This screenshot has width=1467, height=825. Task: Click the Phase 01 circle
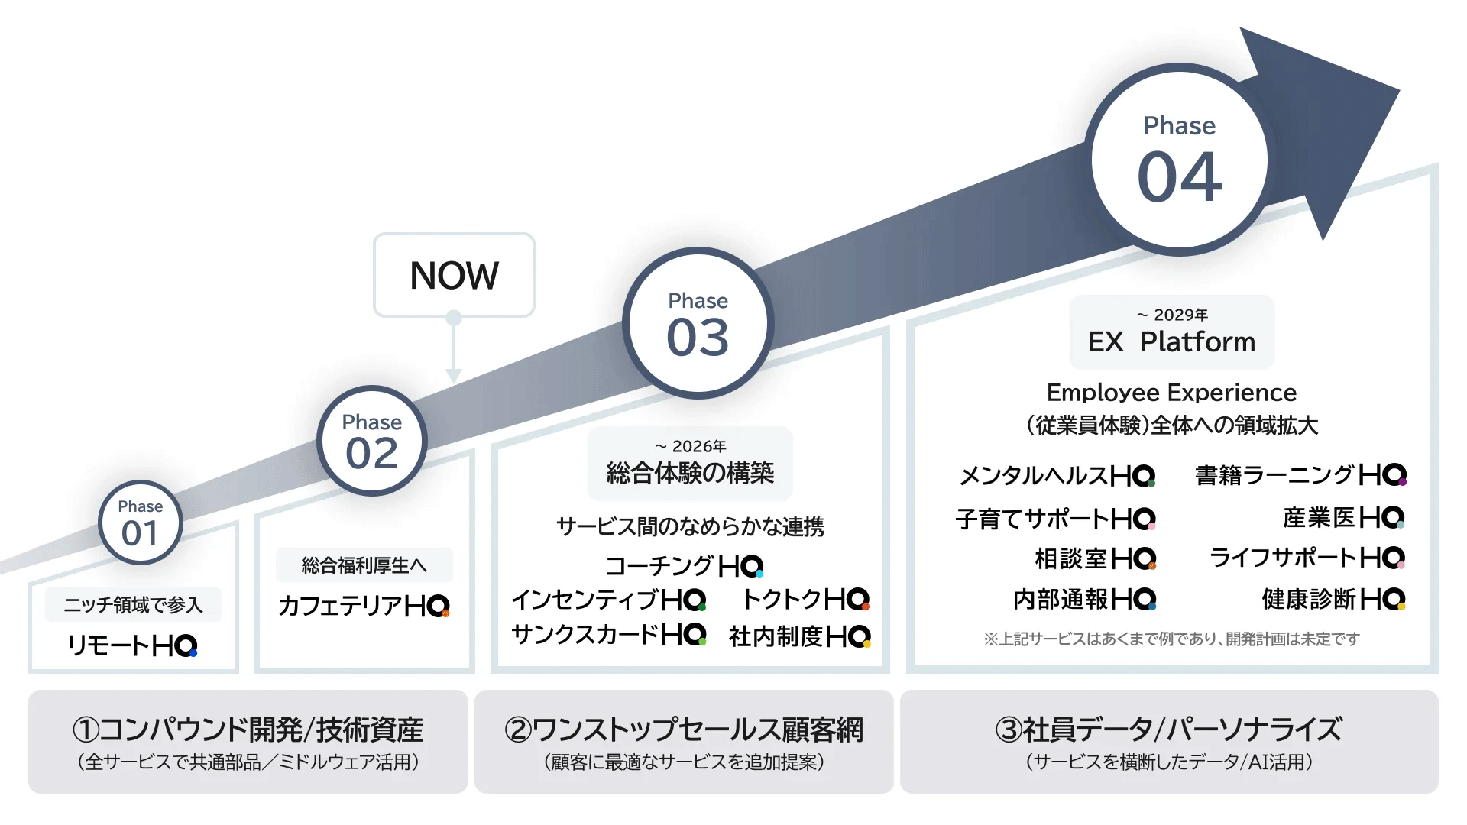click(141, 523)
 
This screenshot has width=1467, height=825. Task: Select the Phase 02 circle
click(372, 441)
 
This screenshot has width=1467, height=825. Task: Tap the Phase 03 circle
click(698, 323)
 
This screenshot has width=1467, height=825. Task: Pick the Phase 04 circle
click(1179, 160)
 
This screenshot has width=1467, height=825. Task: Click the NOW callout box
click(454, 275)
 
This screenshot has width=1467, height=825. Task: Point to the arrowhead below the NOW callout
click(454, 375)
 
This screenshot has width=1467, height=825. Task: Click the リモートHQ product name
click(133, 646)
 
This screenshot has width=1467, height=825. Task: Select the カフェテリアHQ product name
click(364, 606)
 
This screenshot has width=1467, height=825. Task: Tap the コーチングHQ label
click(684, 566)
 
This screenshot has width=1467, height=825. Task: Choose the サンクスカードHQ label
click(608, 635)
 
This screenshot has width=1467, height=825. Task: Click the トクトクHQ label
click(806, 600)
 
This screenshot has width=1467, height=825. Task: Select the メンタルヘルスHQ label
click(1057, 476)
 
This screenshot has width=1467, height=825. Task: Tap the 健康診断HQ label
click(1333, 600)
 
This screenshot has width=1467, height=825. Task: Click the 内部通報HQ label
click(1084, 600)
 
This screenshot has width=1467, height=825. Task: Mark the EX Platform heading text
click(1171, 341)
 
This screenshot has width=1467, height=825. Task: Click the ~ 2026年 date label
click(691, 446)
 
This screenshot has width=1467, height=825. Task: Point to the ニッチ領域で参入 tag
click(134, 605)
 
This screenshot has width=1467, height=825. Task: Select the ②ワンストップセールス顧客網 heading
click(684, 730)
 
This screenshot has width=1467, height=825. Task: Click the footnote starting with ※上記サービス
click(1171, 639)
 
